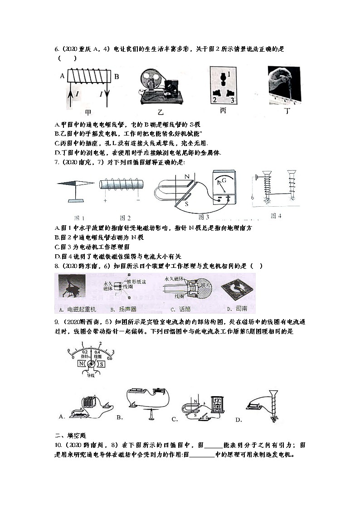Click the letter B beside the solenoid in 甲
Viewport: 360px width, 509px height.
116,77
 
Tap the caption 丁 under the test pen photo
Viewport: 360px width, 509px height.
286,111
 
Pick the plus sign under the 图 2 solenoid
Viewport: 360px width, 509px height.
106,200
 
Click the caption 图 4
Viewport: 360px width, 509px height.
276,216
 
